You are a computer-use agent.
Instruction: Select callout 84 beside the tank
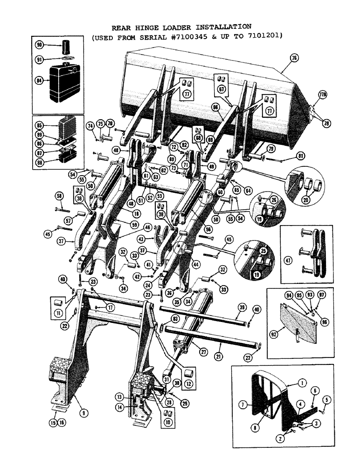[39, 81]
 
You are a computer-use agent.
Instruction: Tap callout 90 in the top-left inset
[39, 45]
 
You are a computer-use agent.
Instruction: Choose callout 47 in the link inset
[288, 262]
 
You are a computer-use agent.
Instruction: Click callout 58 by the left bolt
[59, 195]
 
